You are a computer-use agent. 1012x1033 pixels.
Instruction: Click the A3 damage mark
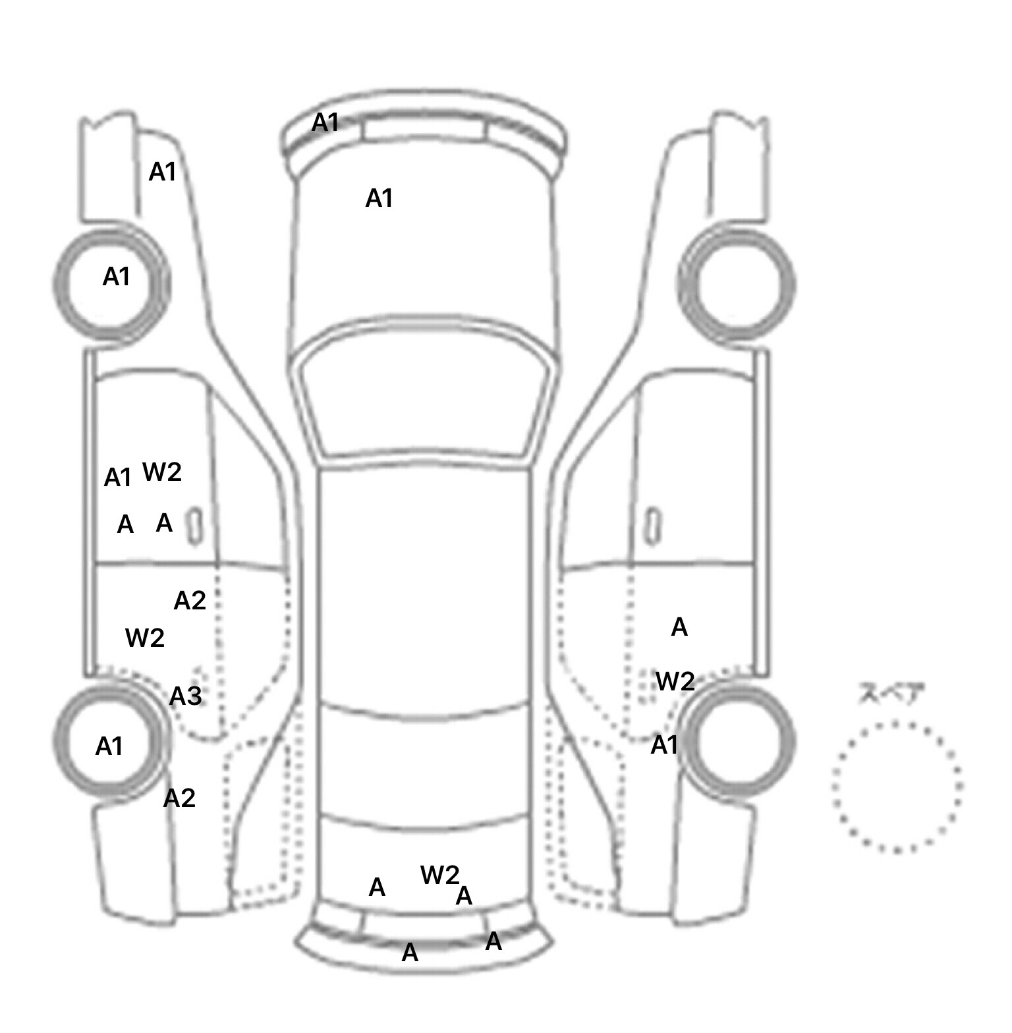tap(185, 696)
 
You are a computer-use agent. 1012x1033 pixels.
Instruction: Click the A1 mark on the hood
tap(379, 198)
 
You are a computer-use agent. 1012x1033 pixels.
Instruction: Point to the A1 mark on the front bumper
tap(325, 122)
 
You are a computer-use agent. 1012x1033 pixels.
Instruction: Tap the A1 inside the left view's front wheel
tap(116, 277)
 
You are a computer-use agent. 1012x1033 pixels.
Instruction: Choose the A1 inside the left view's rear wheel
tap(109, 746)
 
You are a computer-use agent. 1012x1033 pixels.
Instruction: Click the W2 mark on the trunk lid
tap(439, 875)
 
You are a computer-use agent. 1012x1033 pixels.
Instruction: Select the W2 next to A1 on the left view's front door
tap(162, 472)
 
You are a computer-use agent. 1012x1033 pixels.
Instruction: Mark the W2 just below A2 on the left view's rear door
tap(144, 638)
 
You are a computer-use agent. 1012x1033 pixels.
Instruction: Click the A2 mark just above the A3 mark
tap(190, 601)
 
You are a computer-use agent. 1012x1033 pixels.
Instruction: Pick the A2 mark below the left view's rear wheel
tap(179, 798)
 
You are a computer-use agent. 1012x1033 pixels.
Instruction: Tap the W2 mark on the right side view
tap(675, 681)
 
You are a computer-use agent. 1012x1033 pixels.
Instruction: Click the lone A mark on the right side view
tap(679, 628)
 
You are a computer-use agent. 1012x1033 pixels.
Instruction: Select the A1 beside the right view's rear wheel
tap(664, 745)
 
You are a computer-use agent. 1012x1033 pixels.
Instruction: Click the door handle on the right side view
tap(652, 526)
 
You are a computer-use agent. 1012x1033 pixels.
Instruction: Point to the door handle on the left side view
tap(196, 526)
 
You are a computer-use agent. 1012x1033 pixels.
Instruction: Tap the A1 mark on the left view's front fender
tap(163, 172)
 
